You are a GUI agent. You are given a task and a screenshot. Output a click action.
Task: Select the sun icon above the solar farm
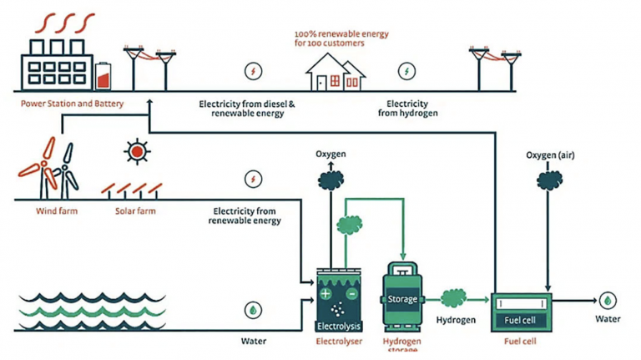135,151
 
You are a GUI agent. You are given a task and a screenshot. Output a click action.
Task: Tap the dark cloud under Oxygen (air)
548,179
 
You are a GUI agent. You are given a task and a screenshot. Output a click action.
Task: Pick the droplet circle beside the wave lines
252,310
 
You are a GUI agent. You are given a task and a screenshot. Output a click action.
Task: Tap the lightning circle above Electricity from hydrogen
407,71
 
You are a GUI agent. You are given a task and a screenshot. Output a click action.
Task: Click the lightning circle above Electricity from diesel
253,71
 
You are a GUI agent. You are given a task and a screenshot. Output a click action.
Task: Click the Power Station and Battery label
73,104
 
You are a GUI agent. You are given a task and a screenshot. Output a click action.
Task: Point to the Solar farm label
136,211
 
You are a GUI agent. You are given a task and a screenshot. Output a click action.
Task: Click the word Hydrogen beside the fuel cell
456,320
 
